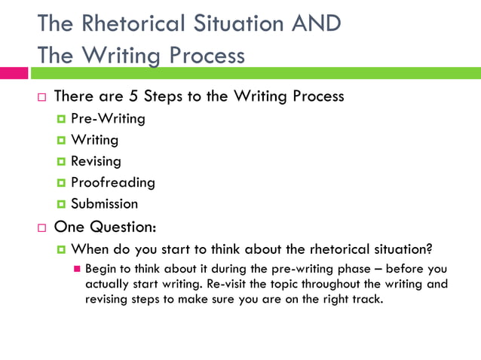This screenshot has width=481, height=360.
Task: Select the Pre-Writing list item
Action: (x=108, y=118)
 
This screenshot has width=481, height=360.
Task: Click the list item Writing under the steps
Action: (x=94, y=139)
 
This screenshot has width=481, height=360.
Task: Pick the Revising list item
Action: (x=96, y=160)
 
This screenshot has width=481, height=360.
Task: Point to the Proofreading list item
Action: (x=112, y=182)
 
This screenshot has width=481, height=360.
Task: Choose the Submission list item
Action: (x=104, y=203)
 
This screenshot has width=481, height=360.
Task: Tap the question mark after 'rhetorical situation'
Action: (x=429, y=249)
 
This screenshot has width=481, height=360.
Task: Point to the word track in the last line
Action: (x=365, y=299)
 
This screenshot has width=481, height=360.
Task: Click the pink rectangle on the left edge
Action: (x=14, y=73)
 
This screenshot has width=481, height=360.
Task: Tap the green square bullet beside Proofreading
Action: (x=60, y=183)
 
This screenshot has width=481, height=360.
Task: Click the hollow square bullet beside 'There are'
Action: (x=42, y=98)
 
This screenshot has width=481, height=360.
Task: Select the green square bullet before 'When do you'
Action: (x=60, y=250)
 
